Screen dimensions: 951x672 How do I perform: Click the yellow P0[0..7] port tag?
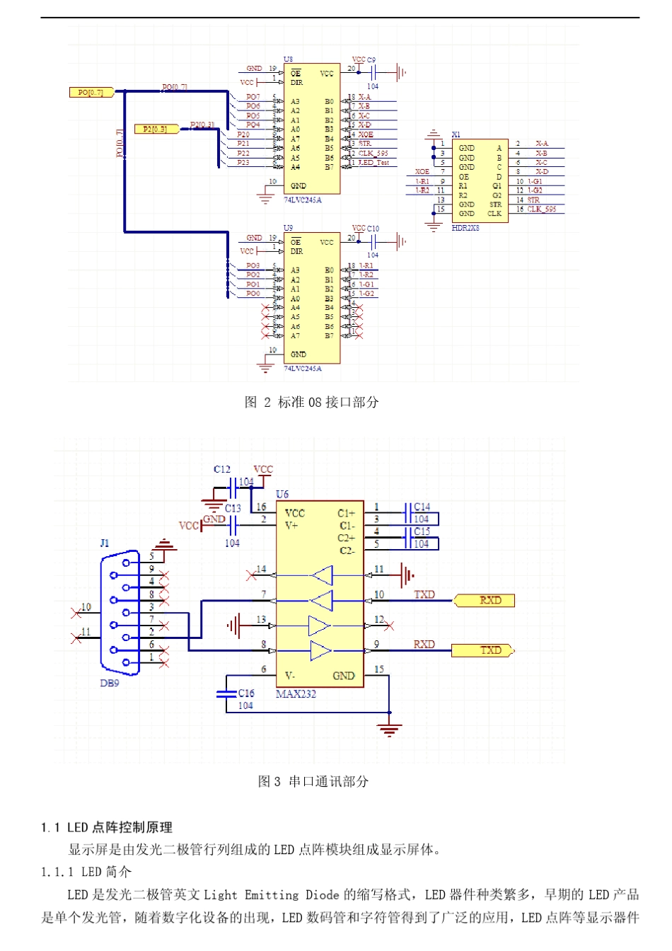91,93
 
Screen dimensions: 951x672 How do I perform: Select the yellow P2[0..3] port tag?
155,129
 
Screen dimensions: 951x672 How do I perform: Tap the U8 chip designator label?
288,59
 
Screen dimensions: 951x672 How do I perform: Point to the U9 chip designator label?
288,228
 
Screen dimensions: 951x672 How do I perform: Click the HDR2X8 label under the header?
465,228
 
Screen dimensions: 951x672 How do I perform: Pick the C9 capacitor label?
371,60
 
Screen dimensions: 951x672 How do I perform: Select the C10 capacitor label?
373,229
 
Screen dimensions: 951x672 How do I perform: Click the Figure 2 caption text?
311,402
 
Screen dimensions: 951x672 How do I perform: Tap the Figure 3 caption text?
313,781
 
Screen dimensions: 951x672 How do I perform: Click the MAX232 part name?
296,694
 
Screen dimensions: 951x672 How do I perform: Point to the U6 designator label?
282,494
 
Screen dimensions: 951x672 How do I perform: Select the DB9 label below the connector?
110,683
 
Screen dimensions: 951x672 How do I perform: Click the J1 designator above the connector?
105,543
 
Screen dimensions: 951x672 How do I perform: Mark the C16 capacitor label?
245,693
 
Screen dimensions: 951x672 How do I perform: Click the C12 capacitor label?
221,469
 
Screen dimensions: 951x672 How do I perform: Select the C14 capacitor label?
422,507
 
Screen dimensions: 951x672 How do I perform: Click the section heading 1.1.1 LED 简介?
86,872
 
